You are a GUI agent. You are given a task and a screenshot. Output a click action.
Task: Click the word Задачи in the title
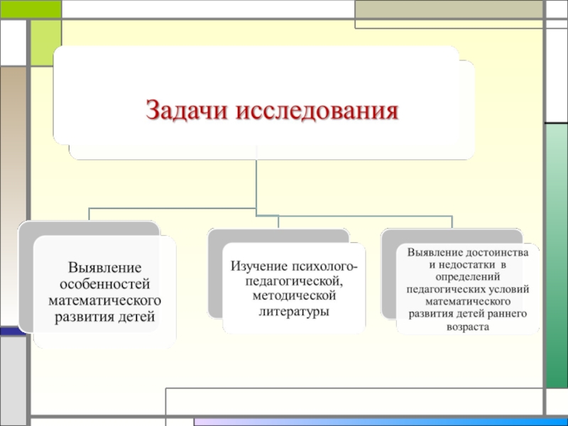[186, 111]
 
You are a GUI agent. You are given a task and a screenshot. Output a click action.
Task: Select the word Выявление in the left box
[105, 268]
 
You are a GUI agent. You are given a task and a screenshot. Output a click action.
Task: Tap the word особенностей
[105, 284]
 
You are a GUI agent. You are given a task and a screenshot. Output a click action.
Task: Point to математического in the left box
[105, 300]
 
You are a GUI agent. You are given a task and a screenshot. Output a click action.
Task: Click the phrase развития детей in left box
[105, 317]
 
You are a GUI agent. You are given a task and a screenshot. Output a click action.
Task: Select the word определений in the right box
[468, 277]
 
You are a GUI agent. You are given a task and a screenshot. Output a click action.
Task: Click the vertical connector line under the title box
[256, 181]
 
